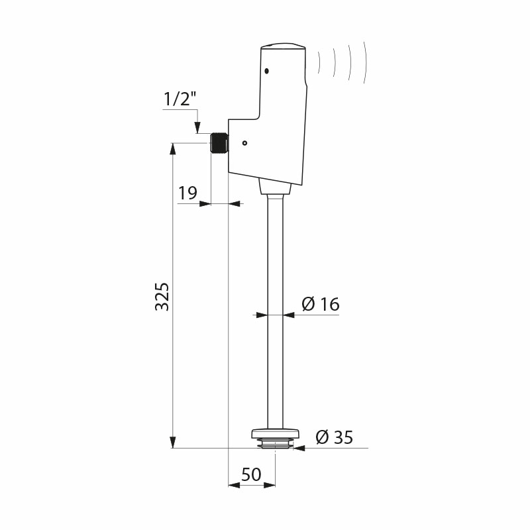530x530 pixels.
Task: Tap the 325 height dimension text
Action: pos(163,296)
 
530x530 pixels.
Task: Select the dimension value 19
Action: pos(187,193)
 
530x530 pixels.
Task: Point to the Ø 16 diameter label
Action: pos(320,304)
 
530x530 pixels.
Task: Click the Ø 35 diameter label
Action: pos(334,437)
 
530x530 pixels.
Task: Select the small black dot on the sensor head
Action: pos(266,72)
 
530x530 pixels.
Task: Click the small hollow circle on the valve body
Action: pos(244,142)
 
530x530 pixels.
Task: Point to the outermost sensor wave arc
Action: pos(364,63)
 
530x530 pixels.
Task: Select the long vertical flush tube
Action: pos(275,311)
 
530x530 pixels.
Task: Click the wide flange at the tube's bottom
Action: pos(275,434)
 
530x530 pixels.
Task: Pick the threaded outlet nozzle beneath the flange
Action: pos(275,444)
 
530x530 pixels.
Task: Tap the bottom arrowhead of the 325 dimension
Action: pos(173,442)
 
